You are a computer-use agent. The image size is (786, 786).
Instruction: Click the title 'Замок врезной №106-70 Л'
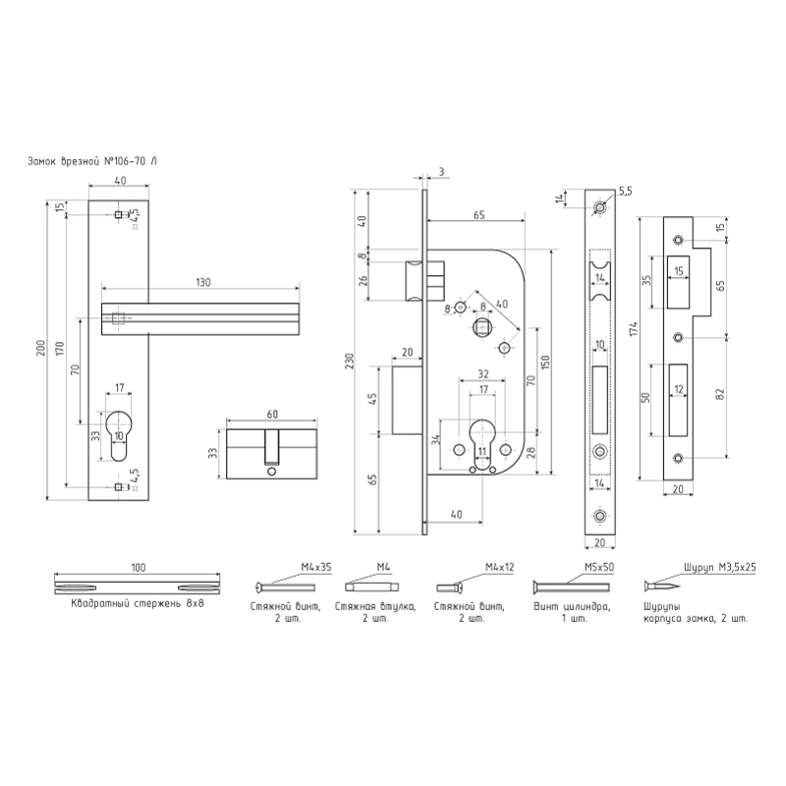pos(92,161)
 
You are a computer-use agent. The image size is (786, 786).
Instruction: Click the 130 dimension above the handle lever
pos(202,282)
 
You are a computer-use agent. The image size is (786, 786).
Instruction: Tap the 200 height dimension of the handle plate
pos(41,348)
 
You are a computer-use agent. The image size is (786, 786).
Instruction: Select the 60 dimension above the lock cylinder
pos(272,414)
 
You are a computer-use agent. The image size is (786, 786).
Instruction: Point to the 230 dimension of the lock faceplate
pos(350,361)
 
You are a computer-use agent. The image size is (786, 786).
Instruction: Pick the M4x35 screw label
pos(315,567)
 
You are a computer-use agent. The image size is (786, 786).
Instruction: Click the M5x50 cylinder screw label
pos(599,567)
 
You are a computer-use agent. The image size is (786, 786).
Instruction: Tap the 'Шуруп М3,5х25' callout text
pos(720,567)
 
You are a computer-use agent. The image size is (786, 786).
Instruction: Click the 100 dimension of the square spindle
pos(139,568)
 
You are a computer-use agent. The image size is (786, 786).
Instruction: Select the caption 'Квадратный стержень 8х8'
pos(138,603)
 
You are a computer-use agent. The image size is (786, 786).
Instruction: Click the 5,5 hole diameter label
pos(626,191)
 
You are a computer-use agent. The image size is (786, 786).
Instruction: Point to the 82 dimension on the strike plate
pos(721,394)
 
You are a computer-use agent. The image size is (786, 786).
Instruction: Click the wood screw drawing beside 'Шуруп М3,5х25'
pos(662,586)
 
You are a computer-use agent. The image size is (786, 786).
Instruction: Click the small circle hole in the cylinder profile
pos(271,472)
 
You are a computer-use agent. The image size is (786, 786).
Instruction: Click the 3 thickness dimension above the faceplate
pos(441,172)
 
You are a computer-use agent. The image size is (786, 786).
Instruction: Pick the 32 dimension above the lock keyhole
pos(482,374)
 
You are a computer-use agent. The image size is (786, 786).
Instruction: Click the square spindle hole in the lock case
pos(482,328)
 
